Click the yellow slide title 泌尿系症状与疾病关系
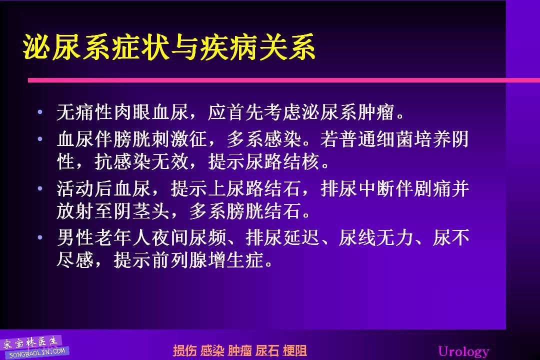click(169, 47)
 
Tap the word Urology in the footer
click(463, 351)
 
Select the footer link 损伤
click(184, 350)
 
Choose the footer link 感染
click(212, 350)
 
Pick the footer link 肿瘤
click(239, 350)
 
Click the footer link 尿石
click(267, 350)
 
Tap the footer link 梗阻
click(295, 350)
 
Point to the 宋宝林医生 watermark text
click(30, 342)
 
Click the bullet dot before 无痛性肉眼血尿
click(40, 112)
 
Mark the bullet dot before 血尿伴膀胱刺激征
click(40, 139)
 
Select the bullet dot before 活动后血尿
click(40, 188)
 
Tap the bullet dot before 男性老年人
click(40, 237)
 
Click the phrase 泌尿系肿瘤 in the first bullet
click(348, 112)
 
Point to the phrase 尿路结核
click(282, 161)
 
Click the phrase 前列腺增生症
click(207, 260)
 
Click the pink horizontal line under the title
click(284, 80)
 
